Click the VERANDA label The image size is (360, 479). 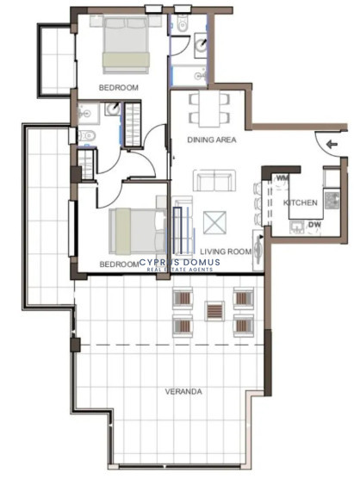[x=183, y=391]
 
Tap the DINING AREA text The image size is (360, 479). [x=212, y=140]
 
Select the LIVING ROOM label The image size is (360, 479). [x=226, y=252]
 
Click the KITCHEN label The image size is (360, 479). [x=301, y=202]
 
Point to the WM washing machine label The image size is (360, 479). [x=282, y=177]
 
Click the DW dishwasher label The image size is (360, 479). [x=314, y=225]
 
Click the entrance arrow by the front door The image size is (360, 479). [x=332, y=144]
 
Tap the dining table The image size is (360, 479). [x=209, y=109]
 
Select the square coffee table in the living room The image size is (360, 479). [x=214, y=222]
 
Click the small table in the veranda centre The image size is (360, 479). [x=214, y=311]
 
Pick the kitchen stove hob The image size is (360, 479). [x=332, y=200]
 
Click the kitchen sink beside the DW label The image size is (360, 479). [x=297, y=227]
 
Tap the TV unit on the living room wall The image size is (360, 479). [x=258, y=251]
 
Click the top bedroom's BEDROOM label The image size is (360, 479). [x=119, y=88]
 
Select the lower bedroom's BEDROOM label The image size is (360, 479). [x=119, y=264]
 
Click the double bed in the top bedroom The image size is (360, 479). [x=126, y=45]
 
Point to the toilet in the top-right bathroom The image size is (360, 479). [x=183, y=23]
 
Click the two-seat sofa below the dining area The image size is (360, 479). [x=214, y=181]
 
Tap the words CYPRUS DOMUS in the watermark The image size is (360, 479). [x=179, y=262]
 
